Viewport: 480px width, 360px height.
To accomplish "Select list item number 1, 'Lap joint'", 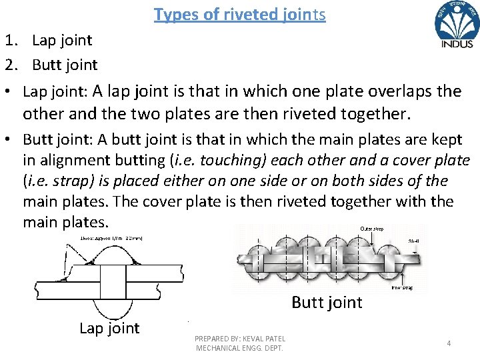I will pos(62,40).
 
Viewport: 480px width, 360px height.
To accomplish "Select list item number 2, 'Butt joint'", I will pos(65,65).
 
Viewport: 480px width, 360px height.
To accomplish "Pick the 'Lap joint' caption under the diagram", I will pos(109,328).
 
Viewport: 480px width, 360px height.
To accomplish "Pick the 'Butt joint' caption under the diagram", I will pos(327,303).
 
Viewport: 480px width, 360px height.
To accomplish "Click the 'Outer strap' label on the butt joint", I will pos(372,229).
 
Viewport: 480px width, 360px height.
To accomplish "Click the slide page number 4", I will pos(449,343).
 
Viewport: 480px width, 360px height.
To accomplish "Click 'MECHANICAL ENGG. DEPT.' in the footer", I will pos(239,348).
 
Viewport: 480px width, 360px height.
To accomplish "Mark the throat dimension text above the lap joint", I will pos(112,238).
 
